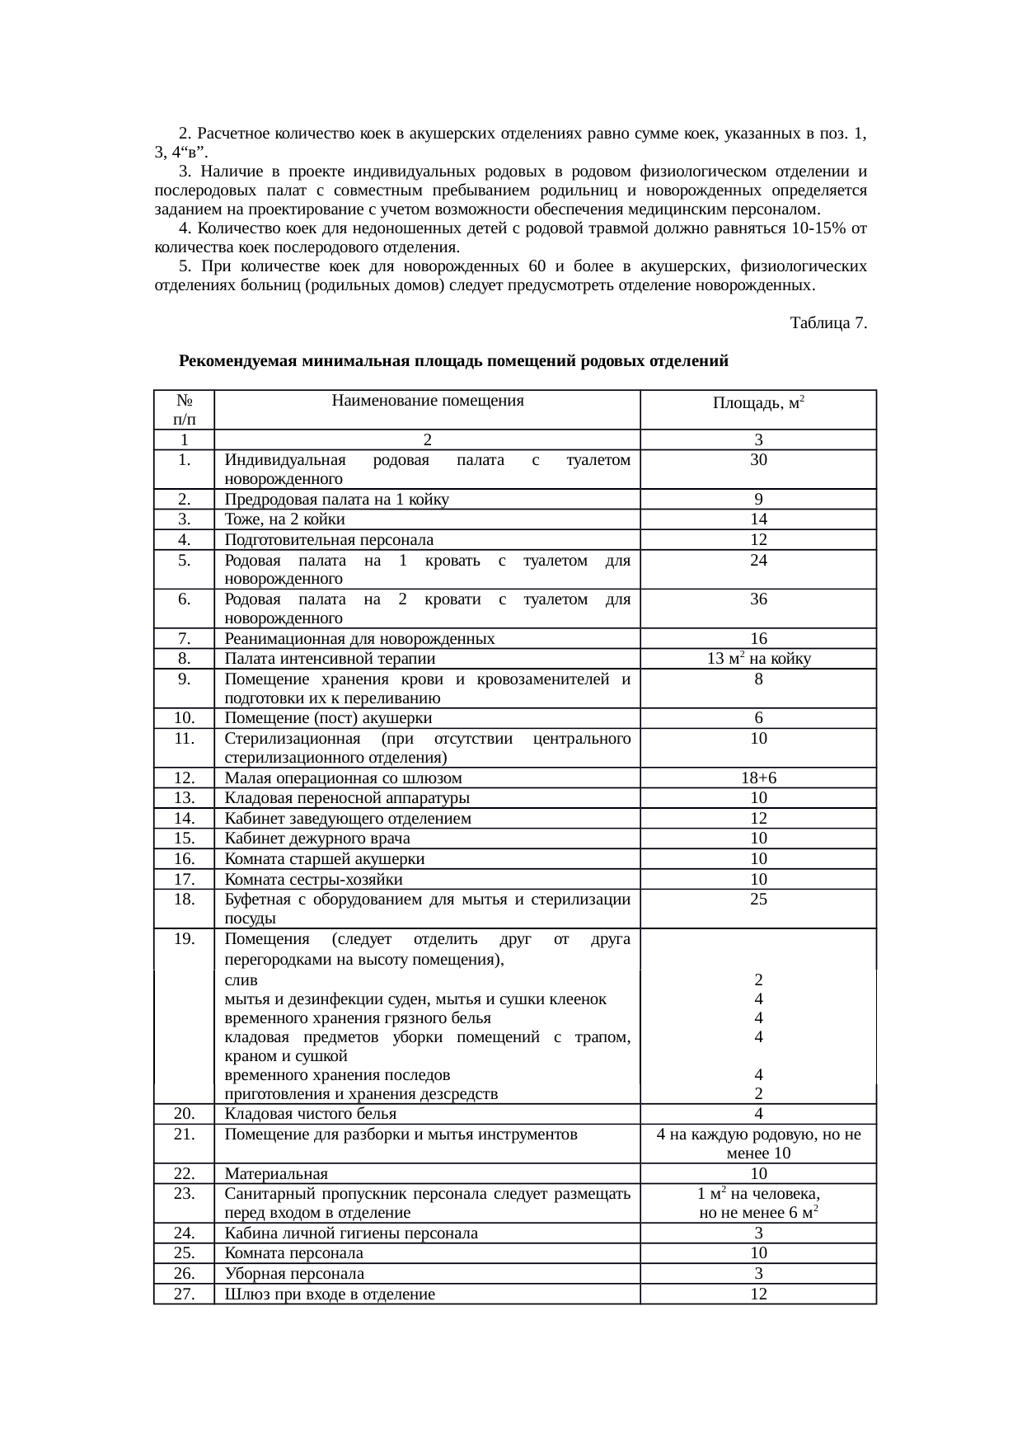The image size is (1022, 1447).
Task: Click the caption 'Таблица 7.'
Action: pos(827,323)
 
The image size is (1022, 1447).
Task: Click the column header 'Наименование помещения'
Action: pos(427,402)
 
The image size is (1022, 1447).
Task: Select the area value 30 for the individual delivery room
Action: pos(758,460)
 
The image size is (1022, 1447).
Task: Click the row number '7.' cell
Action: pos(184,639)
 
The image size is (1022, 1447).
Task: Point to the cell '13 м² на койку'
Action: pos(758,659)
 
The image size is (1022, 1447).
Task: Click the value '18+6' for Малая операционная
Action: pos(758,778)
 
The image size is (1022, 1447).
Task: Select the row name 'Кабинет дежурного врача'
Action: pos(317,839)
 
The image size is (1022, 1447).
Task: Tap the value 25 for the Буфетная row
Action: pos(758,900)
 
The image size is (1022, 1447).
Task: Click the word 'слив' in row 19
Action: pos(241,980)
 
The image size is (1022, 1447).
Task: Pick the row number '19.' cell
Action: pos(184,939)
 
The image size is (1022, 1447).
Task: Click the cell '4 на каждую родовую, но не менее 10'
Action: pos(758,1144)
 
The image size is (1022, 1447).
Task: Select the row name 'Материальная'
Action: pos(276,1174)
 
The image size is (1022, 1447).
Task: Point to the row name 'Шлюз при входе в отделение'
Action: pos(330,1294)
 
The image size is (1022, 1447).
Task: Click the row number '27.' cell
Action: pos(184,1294)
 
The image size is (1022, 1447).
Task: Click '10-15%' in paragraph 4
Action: pos(817,228)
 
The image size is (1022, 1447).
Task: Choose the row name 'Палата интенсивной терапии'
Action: pos(330,659)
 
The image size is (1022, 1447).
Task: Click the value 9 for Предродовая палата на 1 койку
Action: pos(758,500)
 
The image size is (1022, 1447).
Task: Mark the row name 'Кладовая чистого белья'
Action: pos(311,1114)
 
